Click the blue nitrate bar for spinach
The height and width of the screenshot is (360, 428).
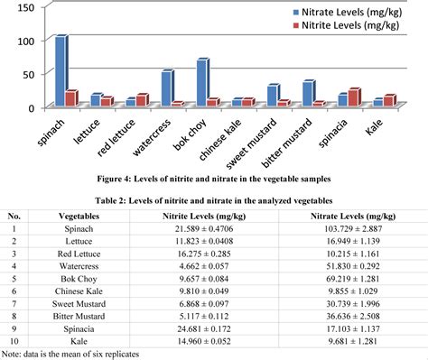coord(60,72)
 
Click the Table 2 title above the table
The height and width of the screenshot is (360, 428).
coord(214,200)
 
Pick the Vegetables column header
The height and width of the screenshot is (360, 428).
coord(85,217)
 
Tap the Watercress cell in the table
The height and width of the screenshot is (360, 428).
coord(85,270)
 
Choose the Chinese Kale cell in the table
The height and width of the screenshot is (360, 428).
coord(85,295)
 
